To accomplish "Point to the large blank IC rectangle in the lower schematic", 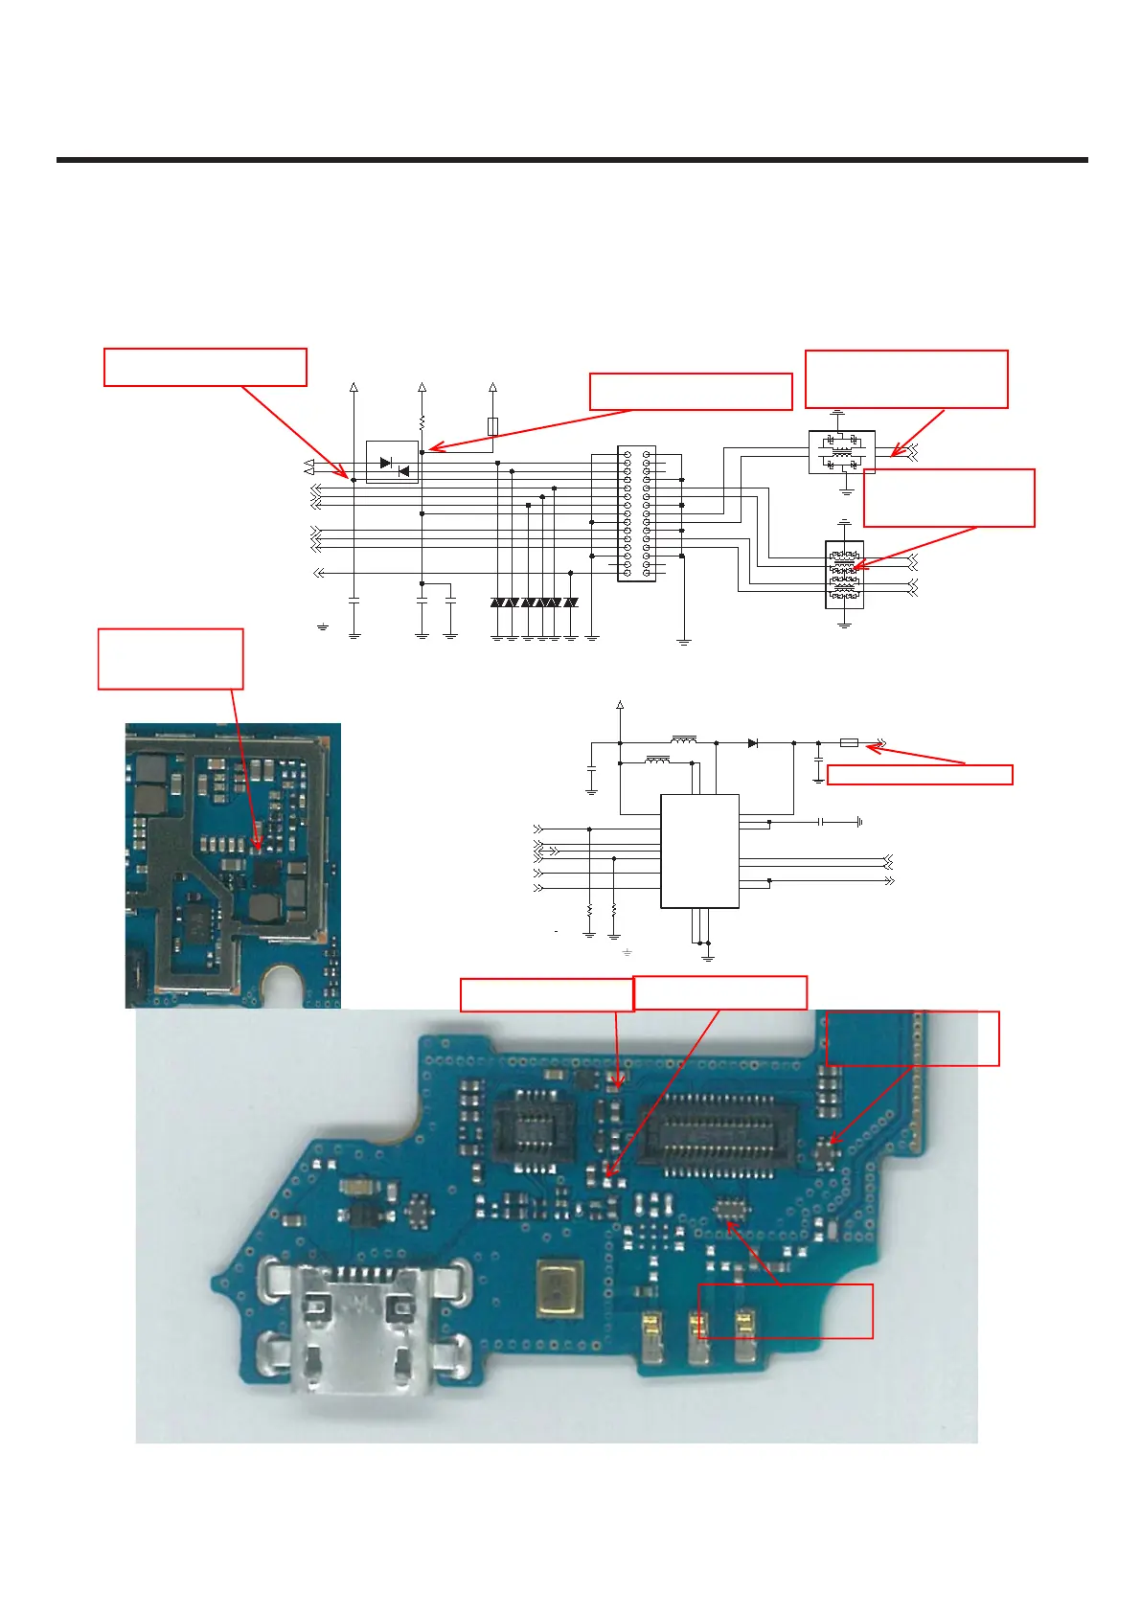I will pos(699,851).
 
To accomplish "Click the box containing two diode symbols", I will pos(392,463).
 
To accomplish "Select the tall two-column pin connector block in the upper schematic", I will pos(636,513).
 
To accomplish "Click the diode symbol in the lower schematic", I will pos(753,742).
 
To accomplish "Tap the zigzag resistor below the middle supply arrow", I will pos(422,421).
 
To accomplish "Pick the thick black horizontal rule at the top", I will pos(572,160).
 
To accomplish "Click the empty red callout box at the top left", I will pos(205,367).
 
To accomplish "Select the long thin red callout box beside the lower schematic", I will pos(919,775).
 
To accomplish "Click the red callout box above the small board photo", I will pos(171,659).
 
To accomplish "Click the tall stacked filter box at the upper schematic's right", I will pos(844,575).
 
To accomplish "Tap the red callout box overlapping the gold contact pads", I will pos(785,1310).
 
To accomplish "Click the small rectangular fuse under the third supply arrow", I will pos(492,426).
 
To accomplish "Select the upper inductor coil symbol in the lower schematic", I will pos(684,739).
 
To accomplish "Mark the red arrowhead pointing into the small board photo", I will pos(256,846).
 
